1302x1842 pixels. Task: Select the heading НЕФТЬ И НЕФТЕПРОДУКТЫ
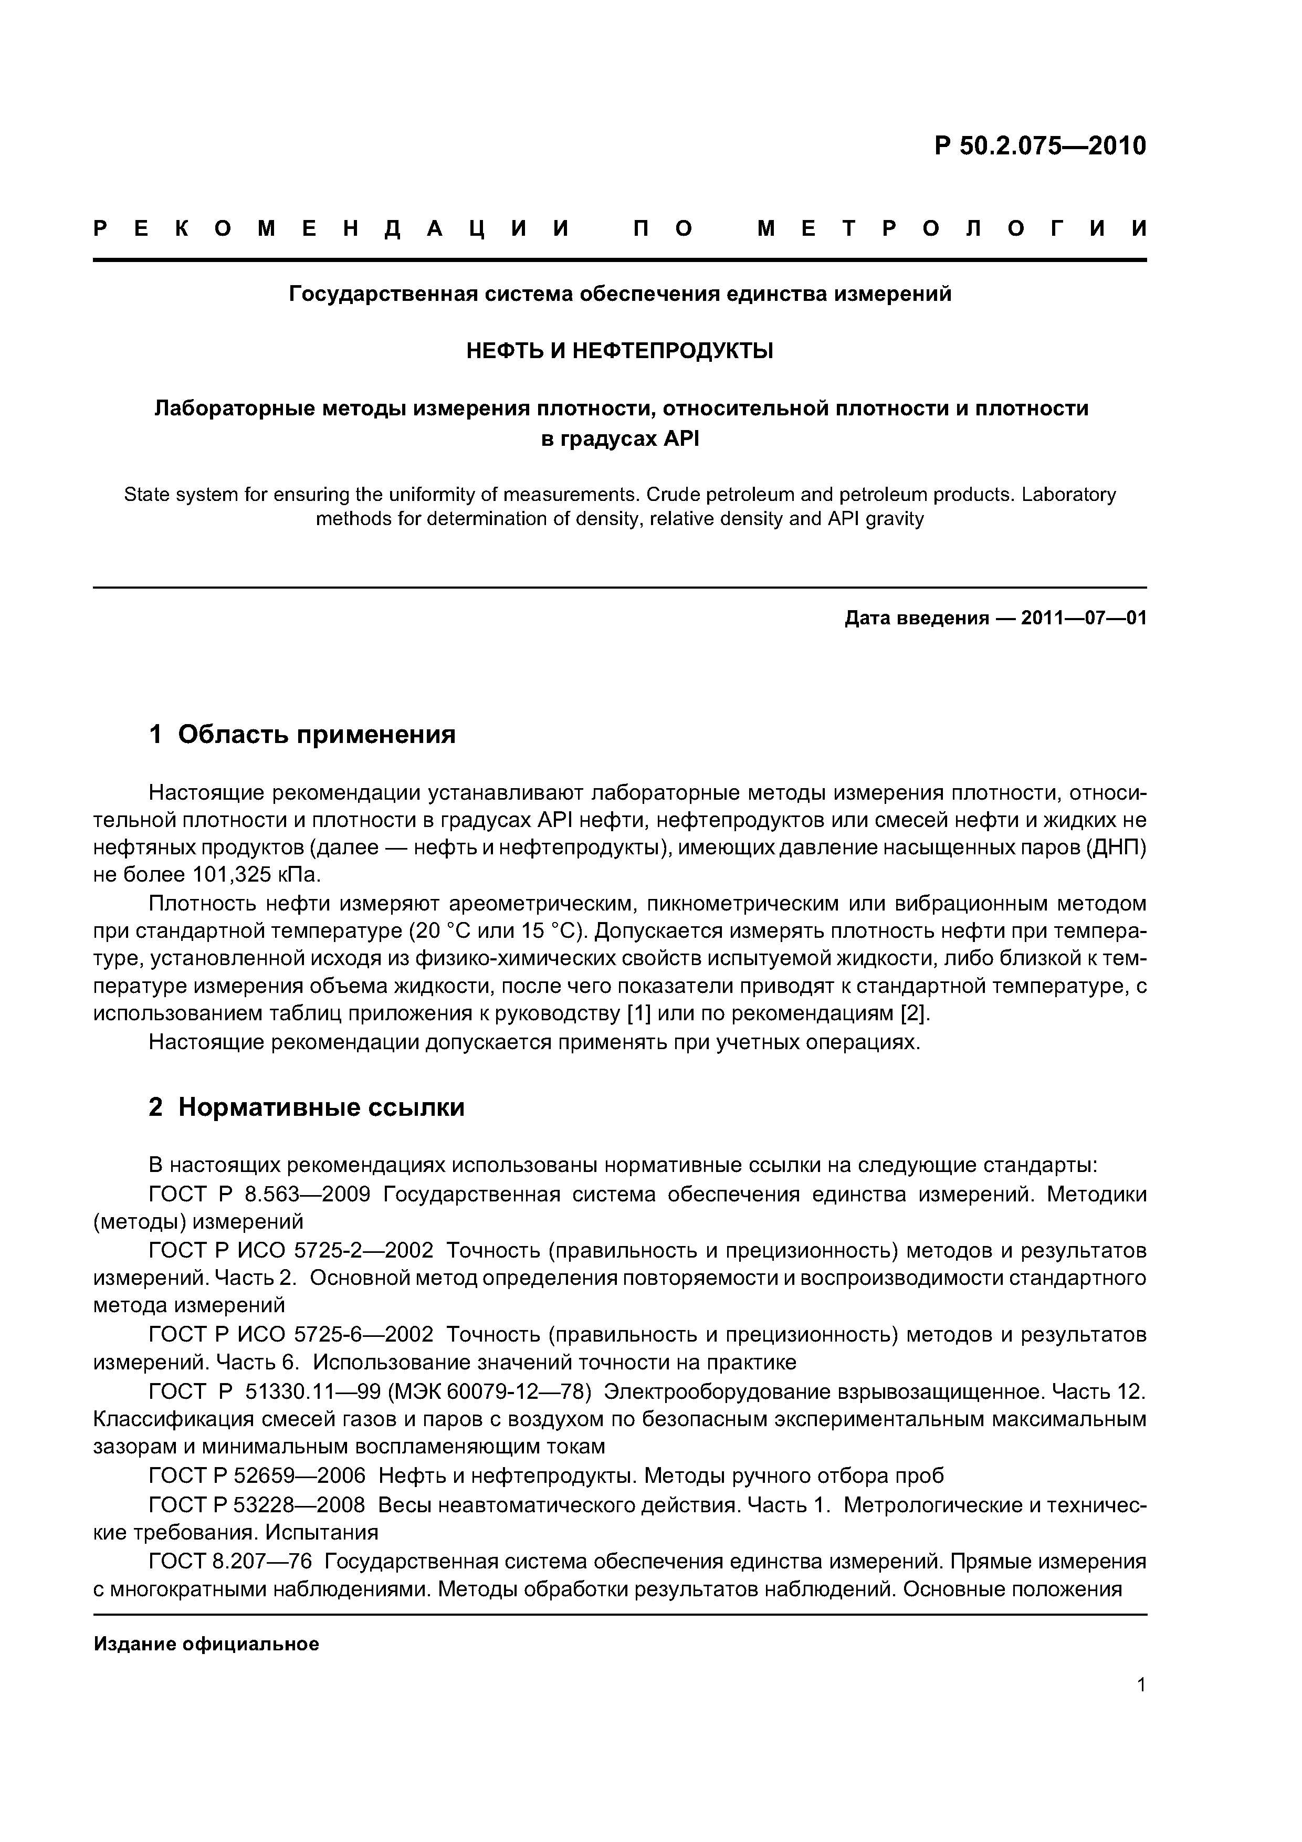point(619,351)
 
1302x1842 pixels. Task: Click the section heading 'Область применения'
point(316,734)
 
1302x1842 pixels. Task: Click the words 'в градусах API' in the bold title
point(619,439)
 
